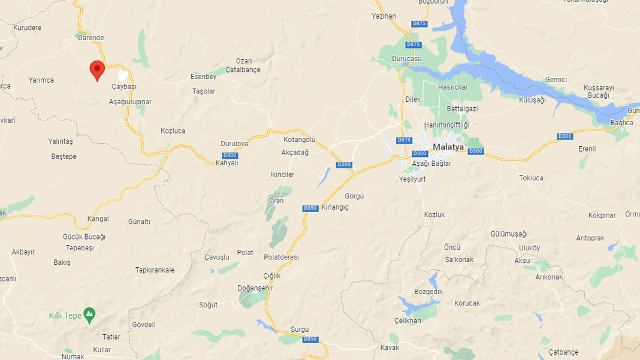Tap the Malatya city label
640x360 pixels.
coord(449,147)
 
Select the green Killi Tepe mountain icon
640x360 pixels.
coord(89,314)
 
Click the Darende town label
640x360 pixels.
coord(90,38)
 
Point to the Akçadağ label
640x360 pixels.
coord(295,152)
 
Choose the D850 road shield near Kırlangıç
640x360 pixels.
coord(310,208)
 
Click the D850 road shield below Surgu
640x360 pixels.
coord(310,339)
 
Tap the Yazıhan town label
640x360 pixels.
coord(384,16)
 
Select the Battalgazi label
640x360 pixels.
coord(462,108)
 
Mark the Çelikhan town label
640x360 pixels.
coord(407,320)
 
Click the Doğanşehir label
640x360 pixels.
coord(255,288)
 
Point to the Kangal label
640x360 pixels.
coord(98,219)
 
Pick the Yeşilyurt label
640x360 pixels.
coord(412,179)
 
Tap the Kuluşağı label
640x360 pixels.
coord(532,100)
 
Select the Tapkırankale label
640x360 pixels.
coord(155,270)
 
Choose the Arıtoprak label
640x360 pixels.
coord(590,238)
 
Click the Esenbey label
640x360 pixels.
coord(203,77)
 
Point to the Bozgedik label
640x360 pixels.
coord(428,292)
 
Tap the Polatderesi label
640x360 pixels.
coord(281,257)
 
